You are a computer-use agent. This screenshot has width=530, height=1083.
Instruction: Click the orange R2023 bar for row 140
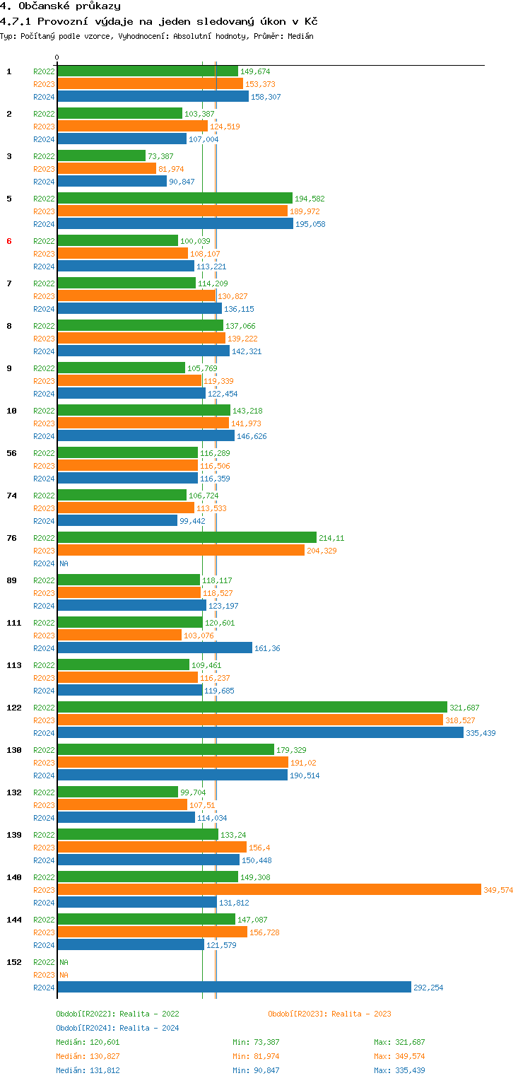[x=269, y=889]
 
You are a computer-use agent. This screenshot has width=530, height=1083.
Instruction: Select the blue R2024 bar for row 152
[x=234, y=987]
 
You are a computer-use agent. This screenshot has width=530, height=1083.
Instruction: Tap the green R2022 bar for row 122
[x=252, y=707]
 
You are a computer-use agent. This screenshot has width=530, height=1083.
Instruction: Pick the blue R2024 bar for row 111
[x=154, y=648]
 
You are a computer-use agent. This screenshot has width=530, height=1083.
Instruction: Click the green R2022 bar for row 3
[x=101, y=156]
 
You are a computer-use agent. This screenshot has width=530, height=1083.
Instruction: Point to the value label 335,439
[x=481, y=733]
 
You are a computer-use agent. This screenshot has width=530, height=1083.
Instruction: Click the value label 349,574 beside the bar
[x=498, y=890]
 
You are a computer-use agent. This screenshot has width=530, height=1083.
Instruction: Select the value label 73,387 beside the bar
[x=160, y=156]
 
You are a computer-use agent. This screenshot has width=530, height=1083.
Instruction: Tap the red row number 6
[x=9, y=241]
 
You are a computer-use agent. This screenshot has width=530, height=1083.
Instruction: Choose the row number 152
[x=14, y=962]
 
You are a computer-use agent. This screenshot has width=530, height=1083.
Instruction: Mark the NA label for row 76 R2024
[x=64, y=563]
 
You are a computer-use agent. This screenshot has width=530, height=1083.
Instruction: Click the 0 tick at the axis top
[x=57, y=57]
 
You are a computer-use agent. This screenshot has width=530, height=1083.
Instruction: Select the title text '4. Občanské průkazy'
[x=60, y=6]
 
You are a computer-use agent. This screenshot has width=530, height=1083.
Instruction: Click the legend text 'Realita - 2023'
[x=361, y=1014]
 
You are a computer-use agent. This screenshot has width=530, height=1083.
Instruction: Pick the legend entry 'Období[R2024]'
[x=86, y=1028]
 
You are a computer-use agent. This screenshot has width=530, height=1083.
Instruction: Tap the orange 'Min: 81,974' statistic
[x=258, y=1056]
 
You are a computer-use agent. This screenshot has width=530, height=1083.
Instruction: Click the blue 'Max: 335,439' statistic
[x=399, y=1070]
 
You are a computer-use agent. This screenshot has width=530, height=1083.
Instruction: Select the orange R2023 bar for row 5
[x=172, y=211]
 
